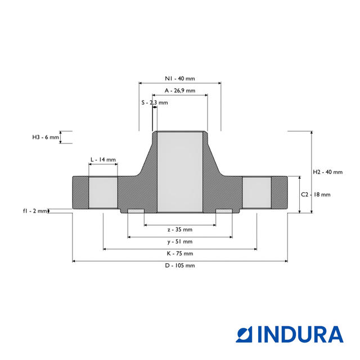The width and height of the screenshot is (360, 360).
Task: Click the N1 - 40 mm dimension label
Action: coord(180,79)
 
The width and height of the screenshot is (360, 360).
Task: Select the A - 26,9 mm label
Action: coord(180,91)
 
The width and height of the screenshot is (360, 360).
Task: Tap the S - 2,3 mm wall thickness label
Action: coord(155,102)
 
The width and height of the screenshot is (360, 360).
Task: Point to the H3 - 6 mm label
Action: coord(46,137)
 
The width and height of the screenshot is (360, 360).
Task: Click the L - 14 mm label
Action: coord(103,160)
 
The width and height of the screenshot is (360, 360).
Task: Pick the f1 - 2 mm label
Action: coord(35,211)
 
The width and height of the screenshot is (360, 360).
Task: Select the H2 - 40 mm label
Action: coord(327,172)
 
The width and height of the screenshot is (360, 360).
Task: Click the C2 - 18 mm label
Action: coord(316,195)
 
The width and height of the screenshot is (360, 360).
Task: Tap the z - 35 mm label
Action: coord(180,229)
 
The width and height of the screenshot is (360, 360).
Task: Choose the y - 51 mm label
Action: coord(180,241)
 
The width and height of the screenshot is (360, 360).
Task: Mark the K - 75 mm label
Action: coord(180,254)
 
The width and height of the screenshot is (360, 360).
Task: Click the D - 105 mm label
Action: coord(180,265)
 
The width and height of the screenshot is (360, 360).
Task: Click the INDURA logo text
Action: coord(300,335)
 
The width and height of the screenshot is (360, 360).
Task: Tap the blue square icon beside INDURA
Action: coord(244,335)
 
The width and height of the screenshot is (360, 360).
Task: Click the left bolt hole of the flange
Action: coord(103,192)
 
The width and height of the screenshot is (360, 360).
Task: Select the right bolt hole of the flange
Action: coord(256,192)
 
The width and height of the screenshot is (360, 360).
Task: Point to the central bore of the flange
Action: coord(180,172)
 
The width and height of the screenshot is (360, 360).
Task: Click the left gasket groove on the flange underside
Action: coord(136,211)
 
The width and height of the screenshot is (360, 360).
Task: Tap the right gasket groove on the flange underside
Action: coord(224,211)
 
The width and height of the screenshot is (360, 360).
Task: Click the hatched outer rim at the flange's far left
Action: coord(80,192)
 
